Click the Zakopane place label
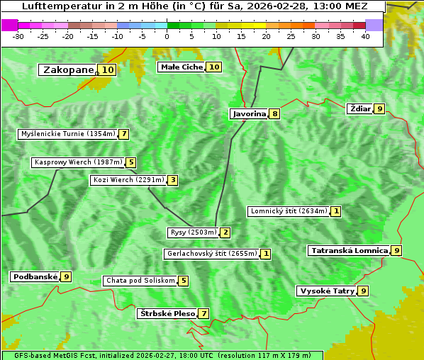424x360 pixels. [68, 70]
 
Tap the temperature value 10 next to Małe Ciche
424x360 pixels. [213, 67]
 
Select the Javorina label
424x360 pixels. [248, 113]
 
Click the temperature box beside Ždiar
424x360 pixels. [380, 109]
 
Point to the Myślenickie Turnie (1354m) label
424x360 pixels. [67, 134]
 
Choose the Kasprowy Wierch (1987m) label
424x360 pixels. [78, 162]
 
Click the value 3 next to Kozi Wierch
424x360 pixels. [172, 180]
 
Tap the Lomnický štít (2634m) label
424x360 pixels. [289, 211]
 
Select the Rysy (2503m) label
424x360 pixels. [192, 232]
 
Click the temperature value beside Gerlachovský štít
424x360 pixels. [266, 254]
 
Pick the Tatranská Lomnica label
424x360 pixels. [349, 250]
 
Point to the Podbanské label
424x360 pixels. [34, 276]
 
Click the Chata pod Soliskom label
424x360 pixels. [139, 281]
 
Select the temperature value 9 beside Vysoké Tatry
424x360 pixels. [364, 291]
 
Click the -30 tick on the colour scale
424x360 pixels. [18, 36]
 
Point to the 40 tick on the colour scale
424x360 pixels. [365, 36]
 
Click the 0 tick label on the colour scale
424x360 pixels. [167, 36]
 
